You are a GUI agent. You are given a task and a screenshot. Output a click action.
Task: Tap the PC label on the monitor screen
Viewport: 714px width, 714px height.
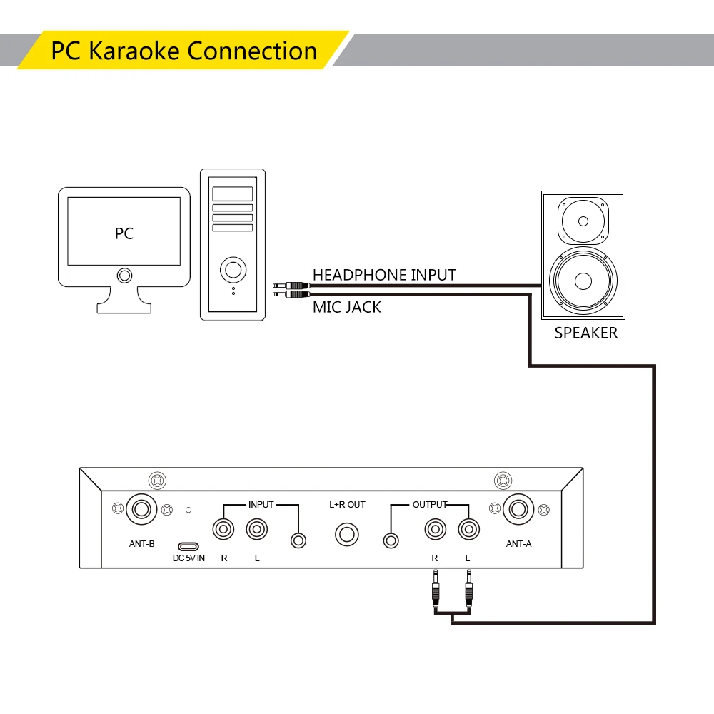coord(124,233)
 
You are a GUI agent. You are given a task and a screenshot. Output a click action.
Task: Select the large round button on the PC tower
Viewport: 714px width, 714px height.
coord(233,269)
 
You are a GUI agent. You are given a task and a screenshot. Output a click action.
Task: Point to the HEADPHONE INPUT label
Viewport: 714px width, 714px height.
coord(384,275)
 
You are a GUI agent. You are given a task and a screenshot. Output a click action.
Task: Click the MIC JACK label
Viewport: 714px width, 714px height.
coord(347,307)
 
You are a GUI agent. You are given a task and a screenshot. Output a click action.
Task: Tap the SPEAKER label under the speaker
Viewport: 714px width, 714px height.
coord(585,333)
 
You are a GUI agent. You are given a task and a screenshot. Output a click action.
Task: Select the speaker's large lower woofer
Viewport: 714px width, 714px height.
coord(583,281)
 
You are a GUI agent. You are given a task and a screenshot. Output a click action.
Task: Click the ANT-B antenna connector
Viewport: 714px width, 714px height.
coord(141,510)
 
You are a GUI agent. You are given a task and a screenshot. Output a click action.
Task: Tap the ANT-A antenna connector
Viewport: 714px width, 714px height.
coord(518,510)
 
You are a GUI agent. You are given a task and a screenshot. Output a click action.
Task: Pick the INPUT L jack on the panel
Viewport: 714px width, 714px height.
coord(257,530)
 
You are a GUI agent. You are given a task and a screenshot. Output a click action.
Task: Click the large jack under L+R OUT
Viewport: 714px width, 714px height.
coord(347,534)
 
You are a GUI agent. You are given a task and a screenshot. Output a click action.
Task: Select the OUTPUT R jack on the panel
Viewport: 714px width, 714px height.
coord(434,530)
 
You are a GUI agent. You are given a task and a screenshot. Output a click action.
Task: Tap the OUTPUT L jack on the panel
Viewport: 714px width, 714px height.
coord(468,530)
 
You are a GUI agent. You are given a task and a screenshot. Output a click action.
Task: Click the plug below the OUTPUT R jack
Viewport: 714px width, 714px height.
coord(435,590)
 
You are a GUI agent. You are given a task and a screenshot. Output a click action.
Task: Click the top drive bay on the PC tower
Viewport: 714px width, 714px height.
coord(233,193)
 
